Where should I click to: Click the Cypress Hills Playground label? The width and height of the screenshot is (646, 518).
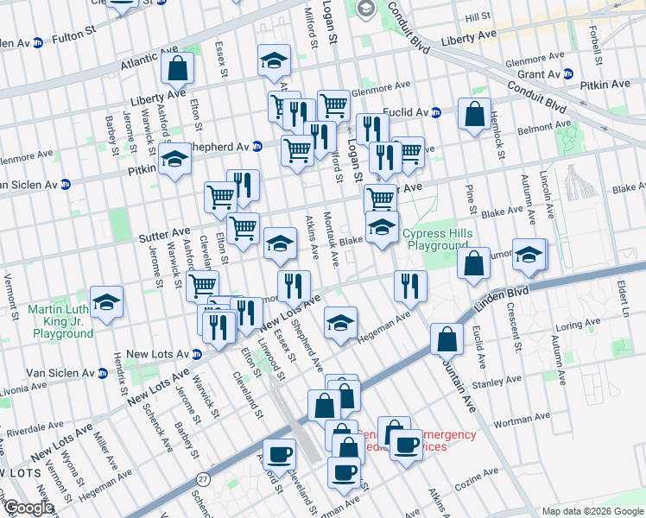(x=437, y=240)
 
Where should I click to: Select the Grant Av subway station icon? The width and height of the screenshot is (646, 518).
(x=567, y=75)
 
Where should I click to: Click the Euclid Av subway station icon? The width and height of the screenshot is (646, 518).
(x=436, y=112)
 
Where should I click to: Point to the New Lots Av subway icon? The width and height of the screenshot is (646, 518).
(x=197, y=354)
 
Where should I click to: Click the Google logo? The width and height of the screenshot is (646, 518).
(x=28, y=508)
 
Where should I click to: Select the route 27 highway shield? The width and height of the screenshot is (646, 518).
(x=203, y=477)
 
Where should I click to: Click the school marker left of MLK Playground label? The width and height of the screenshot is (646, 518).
(x=107, y=301)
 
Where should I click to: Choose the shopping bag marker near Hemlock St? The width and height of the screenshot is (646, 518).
(x=475, y=114)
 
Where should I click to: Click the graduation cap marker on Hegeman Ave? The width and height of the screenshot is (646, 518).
(x=341, y=324)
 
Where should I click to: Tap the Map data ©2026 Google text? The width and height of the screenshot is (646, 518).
(x=592, y=511)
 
